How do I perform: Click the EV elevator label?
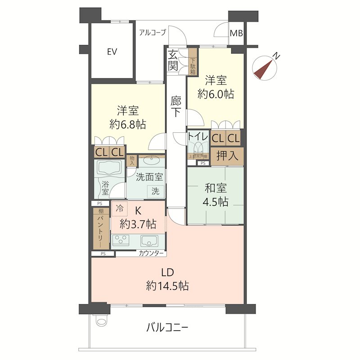point(112,52)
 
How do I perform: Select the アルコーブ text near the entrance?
point(153,32)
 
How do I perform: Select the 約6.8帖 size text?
point(128,124)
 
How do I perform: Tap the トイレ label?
point(198,136)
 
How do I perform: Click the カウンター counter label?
point(151,253)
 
